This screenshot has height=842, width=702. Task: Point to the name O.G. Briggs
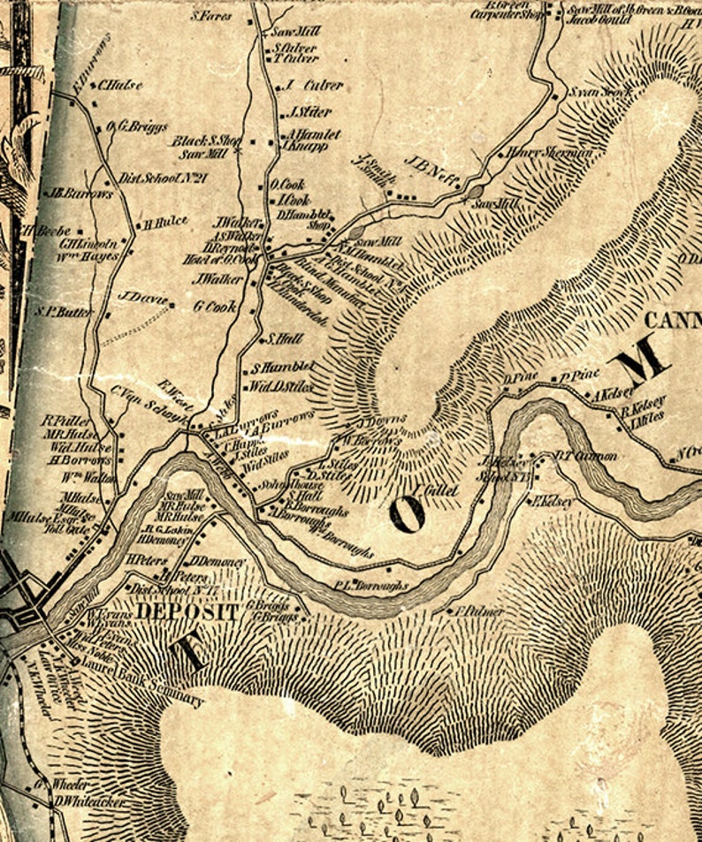(x=137, y=126)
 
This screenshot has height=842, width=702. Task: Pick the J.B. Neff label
(x=432, y=169)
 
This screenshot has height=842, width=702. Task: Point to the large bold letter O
(x=406, y=513)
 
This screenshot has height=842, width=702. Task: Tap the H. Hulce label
(x=165, y=223)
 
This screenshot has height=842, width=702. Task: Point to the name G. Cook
(x=215, y=307)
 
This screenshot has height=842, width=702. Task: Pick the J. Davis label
(x=141, y=298)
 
